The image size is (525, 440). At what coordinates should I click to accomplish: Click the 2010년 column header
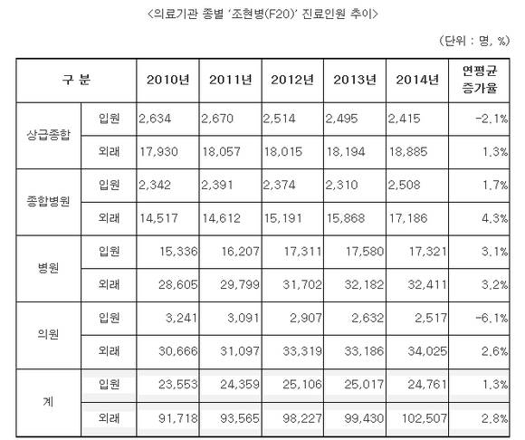point(167,80)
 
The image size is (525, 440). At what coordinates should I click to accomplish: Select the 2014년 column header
point(417,80)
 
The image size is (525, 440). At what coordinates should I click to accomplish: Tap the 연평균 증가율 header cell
point(480,80)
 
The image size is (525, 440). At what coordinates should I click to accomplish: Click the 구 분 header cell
point(76,80)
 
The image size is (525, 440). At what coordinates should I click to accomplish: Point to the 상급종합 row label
point(49,135)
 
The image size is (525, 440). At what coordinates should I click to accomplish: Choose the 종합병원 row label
point(49,201)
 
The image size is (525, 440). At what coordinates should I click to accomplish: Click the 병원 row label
point(49,268)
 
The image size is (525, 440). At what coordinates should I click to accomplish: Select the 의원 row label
point(49,334)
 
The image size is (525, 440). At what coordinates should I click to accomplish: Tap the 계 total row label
point(49,401)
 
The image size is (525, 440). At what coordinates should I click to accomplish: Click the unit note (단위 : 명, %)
point(474,41)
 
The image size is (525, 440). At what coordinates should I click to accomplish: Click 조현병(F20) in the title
point(262,14)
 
